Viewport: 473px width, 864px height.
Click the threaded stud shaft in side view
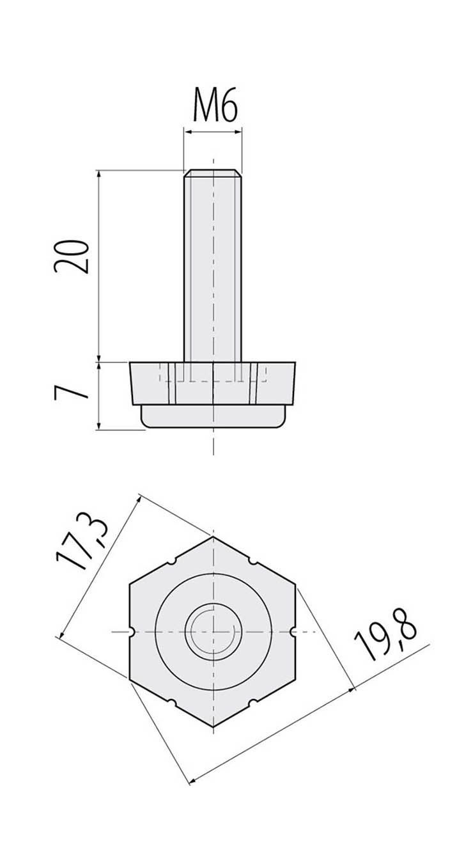pyautogui.click(x=213, y=269)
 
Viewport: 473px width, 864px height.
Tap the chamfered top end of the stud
pyautogui.click(x=213, y=173)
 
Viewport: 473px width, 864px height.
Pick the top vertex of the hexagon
pyautogui.click(x=213, y=537)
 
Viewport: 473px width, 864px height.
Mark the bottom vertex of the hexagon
pyautogui.click(x=213, y=727)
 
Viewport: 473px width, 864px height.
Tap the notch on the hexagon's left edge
pyautogui.click(x=131, y=632)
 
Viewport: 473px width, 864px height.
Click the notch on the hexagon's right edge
pyautogui.click(x=294, y=632)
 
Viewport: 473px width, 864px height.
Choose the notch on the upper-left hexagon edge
pyautogui.click(x=173, y=562)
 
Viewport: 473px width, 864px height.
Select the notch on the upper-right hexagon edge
pyautogui.click(x=253, y=562)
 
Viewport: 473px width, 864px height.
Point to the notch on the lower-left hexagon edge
pyautogui.click(x=173, y=703)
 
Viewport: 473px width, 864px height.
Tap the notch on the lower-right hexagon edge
pyautogui.click(x=253, y=703)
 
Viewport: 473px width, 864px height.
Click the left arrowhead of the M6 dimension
pyautogui.click(x=187, y=132)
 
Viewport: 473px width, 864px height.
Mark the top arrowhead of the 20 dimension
pyautogui.click(x=99, y=173)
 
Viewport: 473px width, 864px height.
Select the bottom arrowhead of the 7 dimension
pyautogui.click(x=99, y=427)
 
